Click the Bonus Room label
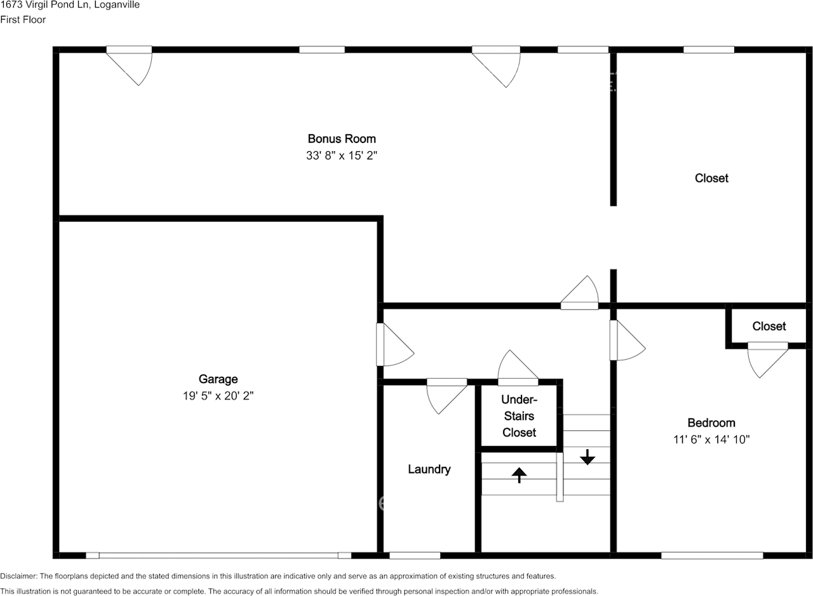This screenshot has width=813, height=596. click(342, 139)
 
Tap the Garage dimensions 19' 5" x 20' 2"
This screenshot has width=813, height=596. click(218, 396)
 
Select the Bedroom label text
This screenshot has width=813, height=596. click(711, 423)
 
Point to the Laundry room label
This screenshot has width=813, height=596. click(429, 470)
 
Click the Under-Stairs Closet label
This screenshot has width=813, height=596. click(519, 416)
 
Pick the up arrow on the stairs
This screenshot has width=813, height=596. click(520, 475)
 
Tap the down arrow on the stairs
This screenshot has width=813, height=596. click(588, 456)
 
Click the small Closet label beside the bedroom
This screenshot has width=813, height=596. click(769, 326)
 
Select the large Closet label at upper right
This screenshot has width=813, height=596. click(711, 178)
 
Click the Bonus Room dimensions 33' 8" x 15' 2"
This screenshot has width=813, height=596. click(342, 156)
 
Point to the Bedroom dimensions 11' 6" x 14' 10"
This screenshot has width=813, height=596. click(711, 439)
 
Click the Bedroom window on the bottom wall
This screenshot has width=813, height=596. click(712, 555)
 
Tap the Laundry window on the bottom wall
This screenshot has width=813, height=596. click(414, 555)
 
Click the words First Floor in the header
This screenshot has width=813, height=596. click(23, 20)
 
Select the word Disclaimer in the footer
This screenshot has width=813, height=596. click(18, 576)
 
